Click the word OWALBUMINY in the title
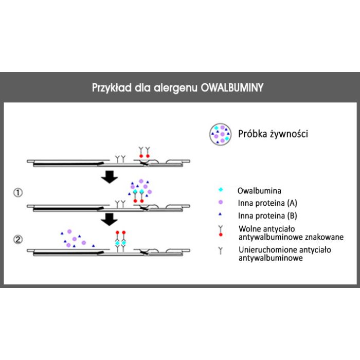point(232,88)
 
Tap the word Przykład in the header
point(112,88)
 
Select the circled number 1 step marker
point(18,192)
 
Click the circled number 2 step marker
point(18,240)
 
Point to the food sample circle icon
point(220,134)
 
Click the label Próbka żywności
point(273,134)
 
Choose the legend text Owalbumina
point(259,191)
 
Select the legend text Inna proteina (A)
point(267,203)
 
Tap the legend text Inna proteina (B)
point(267,216)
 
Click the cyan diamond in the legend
point(221,190)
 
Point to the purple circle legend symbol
point(221,202)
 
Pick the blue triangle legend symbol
point(220,214)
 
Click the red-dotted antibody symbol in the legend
point(221,231)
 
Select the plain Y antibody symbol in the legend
point(221,251)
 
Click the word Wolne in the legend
point(250,229)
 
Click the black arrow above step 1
point(110,177)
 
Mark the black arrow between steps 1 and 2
point(110,220)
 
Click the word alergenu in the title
point(176,88)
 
